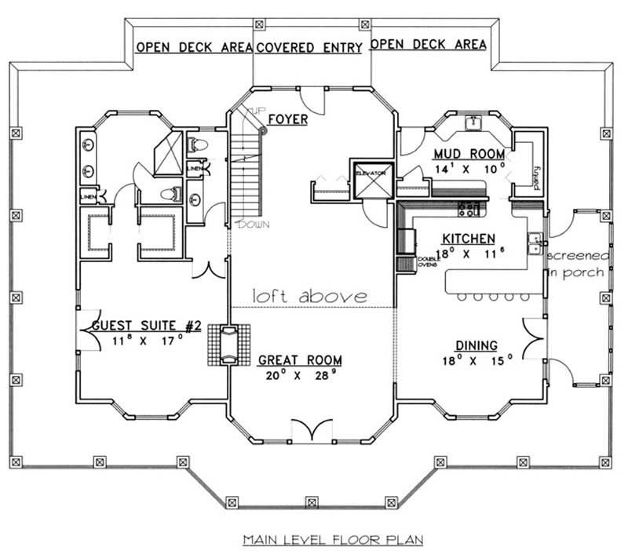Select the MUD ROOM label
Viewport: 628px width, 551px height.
[x=469, y=153]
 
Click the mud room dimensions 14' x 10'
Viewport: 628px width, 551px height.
[x=469, y=168]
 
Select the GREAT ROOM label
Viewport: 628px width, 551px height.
[x=300, y=361]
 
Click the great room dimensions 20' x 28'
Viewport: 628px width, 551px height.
[x=300, y=376]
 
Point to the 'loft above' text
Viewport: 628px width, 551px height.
[x=309, y=296]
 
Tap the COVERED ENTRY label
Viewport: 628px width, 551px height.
[x=309, y=47]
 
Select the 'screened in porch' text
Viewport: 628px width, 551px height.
[x=575, y=265]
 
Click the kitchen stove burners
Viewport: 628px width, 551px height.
[x=469, y=208]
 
